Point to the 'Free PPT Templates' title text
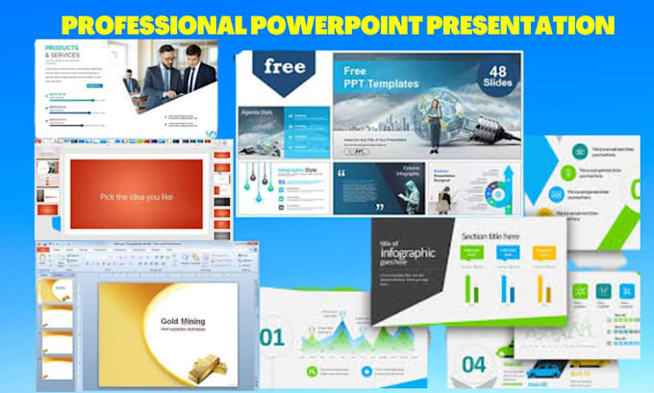coord(385,79)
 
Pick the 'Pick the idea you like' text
coord(136,197)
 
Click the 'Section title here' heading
coord(490,235)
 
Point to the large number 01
coord(272,337)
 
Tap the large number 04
coord(473,366)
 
